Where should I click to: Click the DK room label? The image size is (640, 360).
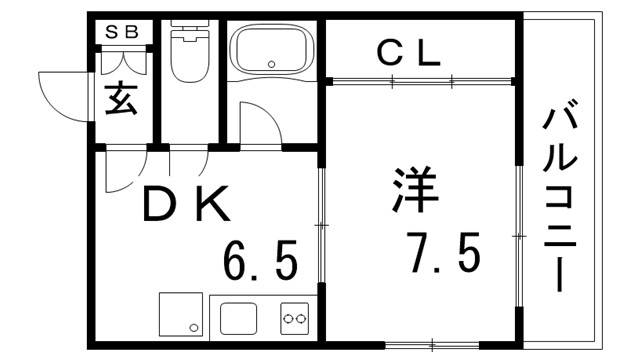click(187, 206)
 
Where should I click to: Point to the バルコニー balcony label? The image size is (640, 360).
click(562, 199)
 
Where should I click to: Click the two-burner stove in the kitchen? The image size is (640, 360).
click(295, 319)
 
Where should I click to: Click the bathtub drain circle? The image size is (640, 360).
click(272, 66)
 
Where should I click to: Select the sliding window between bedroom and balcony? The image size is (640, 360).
click(519, 234)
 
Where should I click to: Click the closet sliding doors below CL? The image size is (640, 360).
click(421, 81)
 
